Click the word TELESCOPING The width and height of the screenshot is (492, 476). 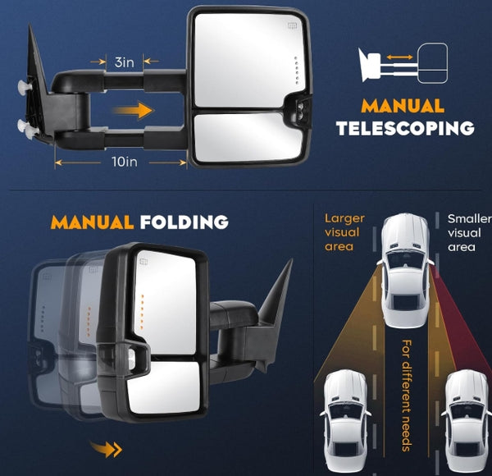tap(405, 128)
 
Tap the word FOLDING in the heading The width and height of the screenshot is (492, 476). tap(184, 222)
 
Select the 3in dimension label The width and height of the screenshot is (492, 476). tap(125, 62)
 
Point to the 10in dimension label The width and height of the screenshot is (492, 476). tap(125, 162)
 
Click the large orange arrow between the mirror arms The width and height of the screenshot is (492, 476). tap(134, 110)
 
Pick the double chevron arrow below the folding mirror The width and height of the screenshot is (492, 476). tap(106, 449)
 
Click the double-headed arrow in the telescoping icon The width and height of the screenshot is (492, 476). tap(399, 57)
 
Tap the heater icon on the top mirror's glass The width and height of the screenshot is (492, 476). tap(293, 25)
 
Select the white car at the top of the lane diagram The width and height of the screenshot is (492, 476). tap(405, 271)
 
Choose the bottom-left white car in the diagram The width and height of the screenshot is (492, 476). tap(345, 421)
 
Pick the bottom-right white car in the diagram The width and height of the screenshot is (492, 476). tap(467, 421)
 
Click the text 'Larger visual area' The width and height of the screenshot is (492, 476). tap(344, 232)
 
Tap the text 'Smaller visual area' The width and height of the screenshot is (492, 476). tap(469, 232)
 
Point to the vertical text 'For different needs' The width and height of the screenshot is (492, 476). tap(406, 396)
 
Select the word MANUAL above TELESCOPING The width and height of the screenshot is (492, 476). tap(403, 106)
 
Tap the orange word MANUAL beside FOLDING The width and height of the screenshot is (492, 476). tap(92, 222)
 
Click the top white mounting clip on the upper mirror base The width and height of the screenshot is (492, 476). tap(24, 85)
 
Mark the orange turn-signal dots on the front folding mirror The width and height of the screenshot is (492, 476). tap(142, 312)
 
